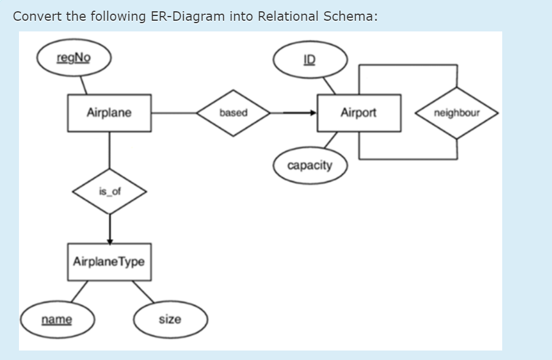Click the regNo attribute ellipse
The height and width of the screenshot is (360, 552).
click(74, 59)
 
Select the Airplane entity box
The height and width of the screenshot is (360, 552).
click(109, 113)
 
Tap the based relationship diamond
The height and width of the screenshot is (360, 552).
click(233, 113)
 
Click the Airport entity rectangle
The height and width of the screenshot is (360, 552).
click(359, 113)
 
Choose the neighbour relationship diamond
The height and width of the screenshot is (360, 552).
click(457, 113)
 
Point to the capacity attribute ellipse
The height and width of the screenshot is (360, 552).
click(310, 165)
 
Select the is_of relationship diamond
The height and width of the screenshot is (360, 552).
click(109, 192)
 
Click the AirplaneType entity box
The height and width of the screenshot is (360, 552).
click(109, 262)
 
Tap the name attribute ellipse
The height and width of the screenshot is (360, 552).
click(57, 320)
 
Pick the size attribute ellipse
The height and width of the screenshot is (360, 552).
click(170, 320)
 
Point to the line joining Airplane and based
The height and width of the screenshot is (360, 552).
click(173, 113)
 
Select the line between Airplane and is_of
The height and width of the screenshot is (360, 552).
click(109, 151)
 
